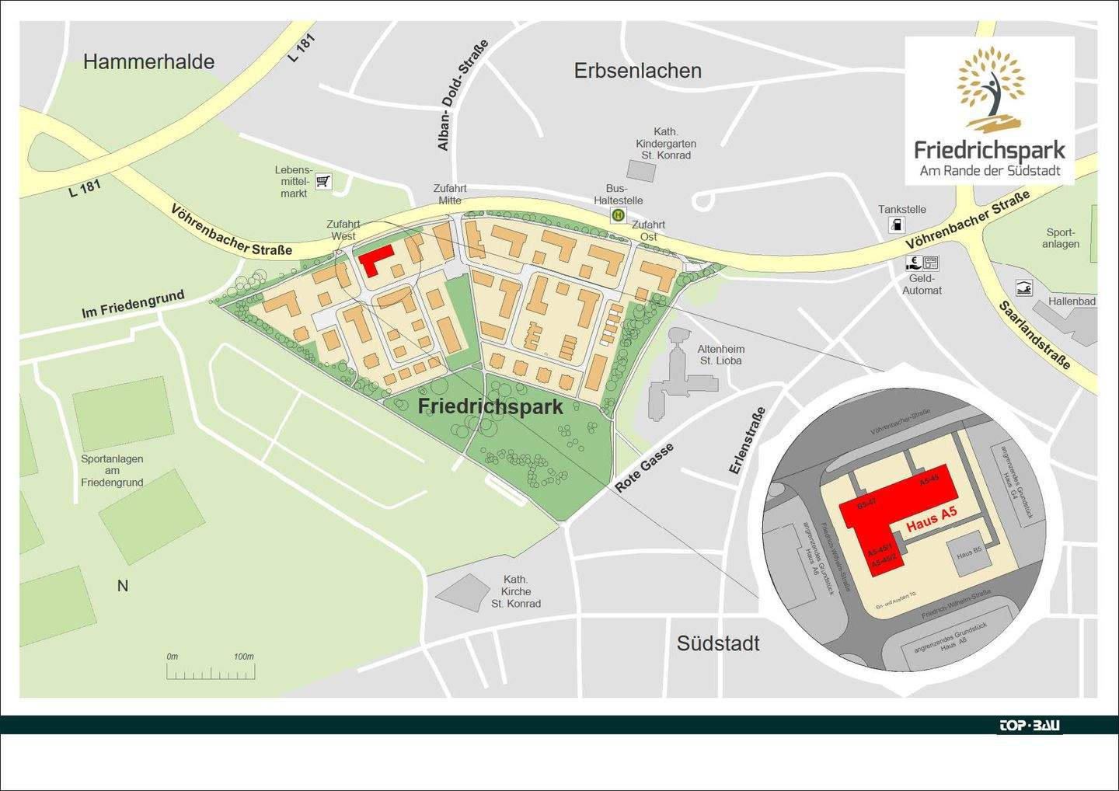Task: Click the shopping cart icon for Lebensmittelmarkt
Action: point(323,182)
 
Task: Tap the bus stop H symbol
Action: point(618,215)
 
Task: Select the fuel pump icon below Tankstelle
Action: point(896,225)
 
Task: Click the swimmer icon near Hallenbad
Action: point(1024,289)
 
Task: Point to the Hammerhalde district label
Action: point(148,62)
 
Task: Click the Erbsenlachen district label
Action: point(637,71)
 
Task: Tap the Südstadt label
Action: point(718,643)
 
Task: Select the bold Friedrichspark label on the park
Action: point(490,406)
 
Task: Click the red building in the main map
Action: point(374,260)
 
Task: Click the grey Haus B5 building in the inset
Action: point(969,554)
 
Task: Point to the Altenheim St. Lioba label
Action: point(720,355)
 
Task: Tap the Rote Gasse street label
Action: point(644,468)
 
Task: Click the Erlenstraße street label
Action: point(747,441)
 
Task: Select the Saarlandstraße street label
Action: point(1034,335)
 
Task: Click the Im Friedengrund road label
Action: point(133,304)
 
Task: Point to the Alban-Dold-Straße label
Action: point(462,95)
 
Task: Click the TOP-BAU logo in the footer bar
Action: point(1029,726)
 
